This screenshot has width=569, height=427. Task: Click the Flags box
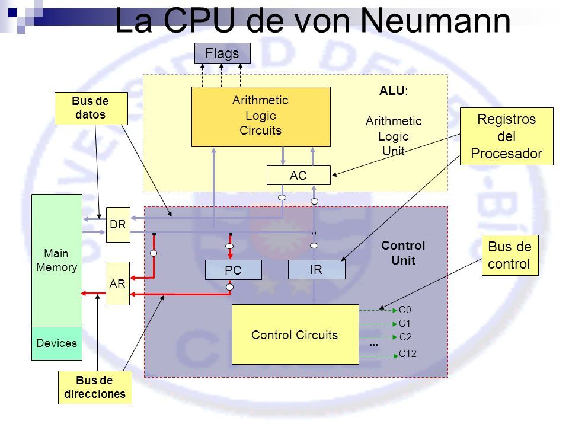tap(222, 53)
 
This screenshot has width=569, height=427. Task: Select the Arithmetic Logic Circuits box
tap(261, 117)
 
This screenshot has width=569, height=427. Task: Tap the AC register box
tap(298, 176)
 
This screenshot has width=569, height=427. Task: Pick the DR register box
tap(118, 225)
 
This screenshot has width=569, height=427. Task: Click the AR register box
tap(117, 283)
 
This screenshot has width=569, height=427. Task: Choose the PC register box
tap(234, 270)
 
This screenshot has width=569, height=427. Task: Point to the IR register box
tap(317, 269)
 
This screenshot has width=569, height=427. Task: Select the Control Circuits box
tap(295, 334)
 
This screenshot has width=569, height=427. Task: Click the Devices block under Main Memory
tap(57, 343)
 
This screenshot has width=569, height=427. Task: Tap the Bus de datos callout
tap(91, 108)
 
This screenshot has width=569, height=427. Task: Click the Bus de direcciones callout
tap(95, 387)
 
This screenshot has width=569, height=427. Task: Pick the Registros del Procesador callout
tap(507, 136)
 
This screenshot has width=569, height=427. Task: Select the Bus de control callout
tap(510, 255)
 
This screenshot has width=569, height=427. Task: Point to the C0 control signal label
tap(405, 310)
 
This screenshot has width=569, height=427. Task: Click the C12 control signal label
tap(408, 353)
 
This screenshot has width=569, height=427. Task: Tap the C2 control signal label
tap(405, 337)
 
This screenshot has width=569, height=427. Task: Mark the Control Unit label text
tap(403, 253)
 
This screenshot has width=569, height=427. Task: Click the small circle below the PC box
tap(230, 287)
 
